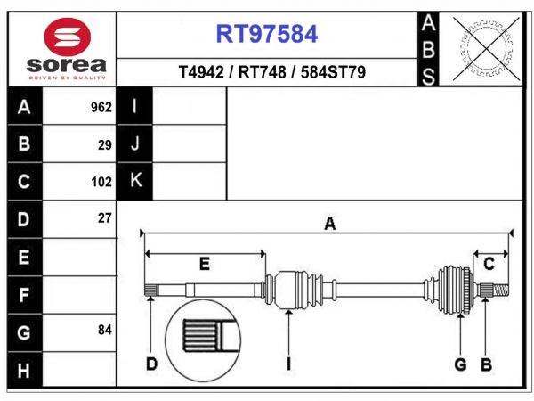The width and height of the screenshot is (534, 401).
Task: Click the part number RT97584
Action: click(267, 35)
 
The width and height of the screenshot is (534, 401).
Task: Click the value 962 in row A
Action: click(101, 108)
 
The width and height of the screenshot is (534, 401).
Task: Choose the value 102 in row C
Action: click(101, 182)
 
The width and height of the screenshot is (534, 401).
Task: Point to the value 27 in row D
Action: click(104, 218)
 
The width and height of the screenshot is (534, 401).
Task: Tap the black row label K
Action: click(135, 181)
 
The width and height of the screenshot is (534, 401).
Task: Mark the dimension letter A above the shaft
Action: click(329, 225)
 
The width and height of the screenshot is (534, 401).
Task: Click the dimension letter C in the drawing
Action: click(489, 264)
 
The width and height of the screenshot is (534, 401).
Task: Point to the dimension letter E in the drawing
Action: click(204, 264)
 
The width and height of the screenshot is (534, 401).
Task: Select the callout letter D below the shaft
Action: click(150, 364)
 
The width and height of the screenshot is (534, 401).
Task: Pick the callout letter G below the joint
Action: click(460, 364)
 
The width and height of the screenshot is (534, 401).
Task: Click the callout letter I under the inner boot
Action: click(288, 364)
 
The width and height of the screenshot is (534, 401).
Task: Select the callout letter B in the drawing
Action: click(486, 364)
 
